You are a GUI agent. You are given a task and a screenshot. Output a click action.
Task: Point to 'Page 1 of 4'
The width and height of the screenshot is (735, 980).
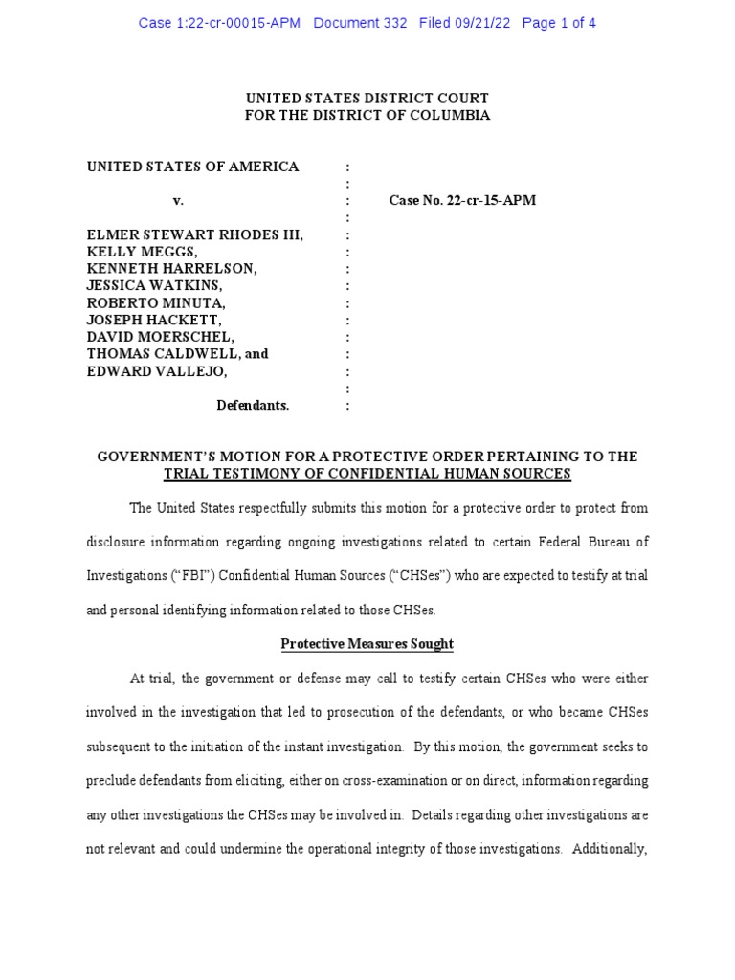pos(559,23)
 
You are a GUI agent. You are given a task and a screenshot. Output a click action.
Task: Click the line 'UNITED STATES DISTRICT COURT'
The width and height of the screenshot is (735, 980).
pos(367,99)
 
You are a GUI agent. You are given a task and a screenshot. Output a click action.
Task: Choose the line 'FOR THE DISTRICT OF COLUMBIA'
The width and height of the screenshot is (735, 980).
pos(367,115)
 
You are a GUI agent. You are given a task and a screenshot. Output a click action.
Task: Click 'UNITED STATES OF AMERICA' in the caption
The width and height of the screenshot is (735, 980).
pos(193,167)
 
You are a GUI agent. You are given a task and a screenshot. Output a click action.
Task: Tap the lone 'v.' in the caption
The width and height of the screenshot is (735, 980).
pos(177,201)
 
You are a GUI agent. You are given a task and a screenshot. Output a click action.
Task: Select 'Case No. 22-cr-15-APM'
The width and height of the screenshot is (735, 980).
pos(462,201)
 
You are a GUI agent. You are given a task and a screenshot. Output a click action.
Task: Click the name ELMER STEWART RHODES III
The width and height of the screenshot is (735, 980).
pos(195,234)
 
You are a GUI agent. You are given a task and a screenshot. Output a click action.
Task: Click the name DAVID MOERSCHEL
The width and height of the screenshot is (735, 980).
pos(160,337)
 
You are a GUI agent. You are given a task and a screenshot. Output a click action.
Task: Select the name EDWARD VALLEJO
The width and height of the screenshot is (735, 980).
pos(158,371)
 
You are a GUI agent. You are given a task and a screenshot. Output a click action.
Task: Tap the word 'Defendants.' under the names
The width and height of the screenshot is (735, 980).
pos(253,405)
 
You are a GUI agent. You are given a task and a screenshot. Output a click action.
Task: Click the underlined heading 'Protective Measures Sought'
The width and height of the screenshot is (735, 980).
pos(367,644)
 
